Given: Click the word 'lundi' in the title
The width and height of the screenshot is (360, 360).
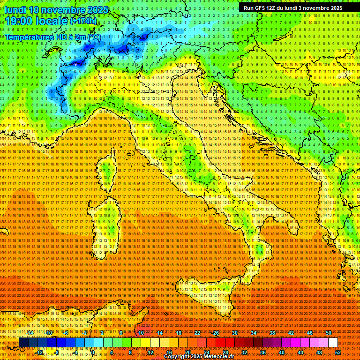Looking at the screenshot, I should click(15, 10).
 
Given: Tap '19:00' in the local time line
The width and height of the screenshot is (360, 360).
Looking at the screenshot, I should click(16, 21).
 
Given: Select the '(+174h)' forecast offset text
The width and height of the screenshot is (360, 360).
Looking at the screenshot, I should click(83, 21).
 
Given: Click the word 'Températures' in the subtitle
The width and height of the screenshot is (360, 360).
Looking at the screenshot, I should click(28, 37).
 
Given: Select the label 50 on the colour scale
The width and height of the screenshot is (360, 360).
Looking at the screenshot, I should click(329, 333).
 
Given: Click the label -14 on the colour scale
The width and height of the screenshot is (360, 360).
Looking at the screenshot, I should click(30, 333).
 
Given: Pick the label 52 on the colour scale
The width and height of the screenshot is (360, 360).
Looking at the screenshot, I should click(338, 352).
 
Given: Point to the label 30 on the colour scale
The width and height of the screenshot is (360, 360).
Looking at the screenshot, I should click(235, 333).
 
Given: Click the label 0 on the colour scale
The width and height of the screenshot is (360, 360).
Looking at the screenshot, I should click(93, 352).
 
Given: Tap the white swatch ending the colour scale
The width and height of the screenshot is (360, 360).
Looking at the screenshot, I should click(333, 343).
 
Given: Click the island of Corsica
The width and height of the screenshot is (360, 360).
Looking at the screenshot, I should click(107, 173).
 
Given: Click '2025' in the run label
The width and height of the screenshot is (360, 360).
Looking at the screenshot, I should click(335, 8).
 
